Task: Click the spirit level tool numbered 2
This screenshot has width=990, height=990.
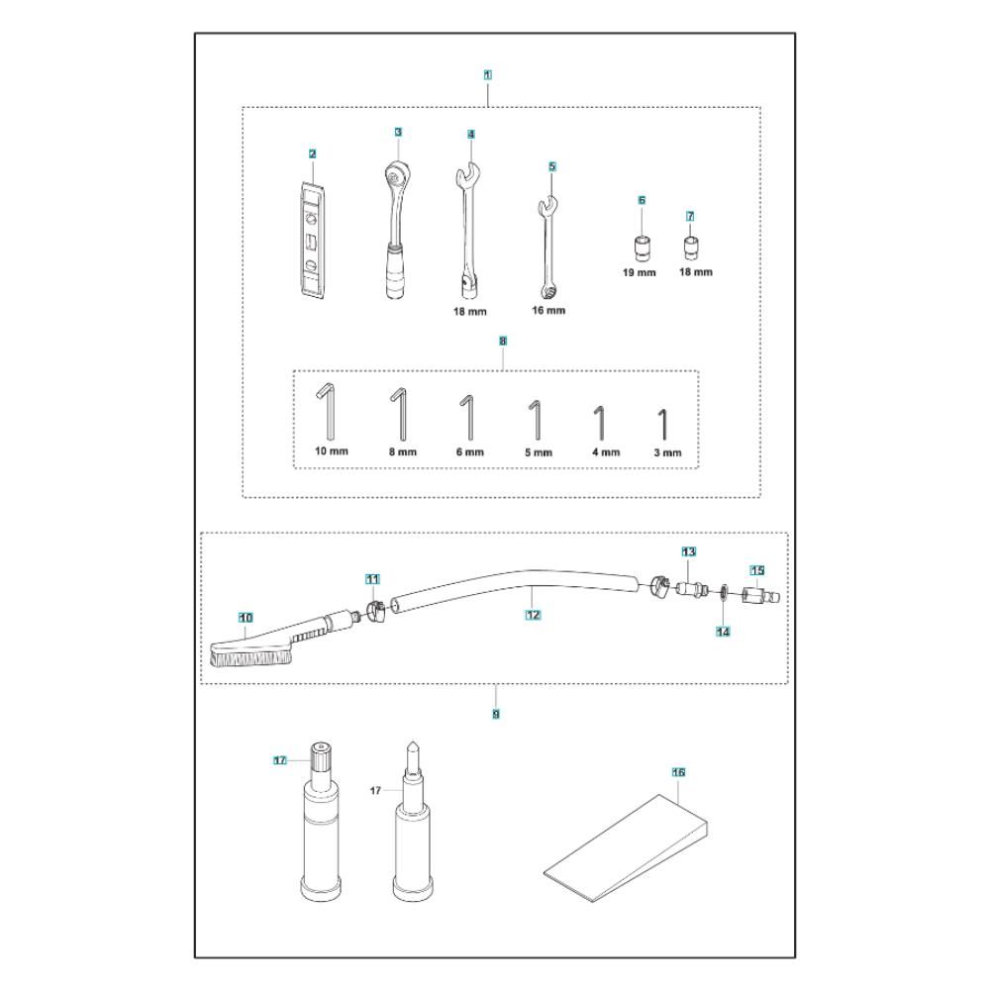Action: point(311,241)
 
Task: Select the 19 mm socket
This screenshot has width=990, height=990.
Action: point(643,247)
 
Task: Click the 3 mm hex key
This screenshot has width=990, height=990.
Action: point(663,425)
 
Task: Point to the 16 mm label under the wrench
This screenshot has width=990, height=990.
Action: point(548,310)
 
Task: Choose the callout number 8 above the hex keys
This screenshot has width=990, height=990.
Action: point(503,341)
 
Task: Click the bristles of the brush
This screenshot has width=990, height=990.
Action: point(250,659)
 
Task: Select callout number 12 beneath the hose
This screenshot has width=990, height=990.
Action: point(533,615)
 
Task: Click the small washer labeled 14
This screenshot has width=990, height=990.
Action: point(723,593)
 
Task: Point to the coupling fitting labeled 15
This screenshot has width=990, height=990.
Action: point(760,596)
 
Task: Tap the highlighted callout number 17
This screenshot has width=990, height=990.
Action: point(280,760)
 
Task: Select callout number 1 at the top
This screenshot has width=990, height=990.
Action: point(487,74)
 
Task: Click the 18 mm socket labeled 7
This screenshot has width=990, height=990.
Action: point(691,247)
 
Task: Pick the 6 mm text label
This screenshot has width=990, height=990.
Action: point(469,452)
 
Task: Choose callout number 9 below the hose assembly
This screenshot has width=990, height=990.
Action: point(496,714)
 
